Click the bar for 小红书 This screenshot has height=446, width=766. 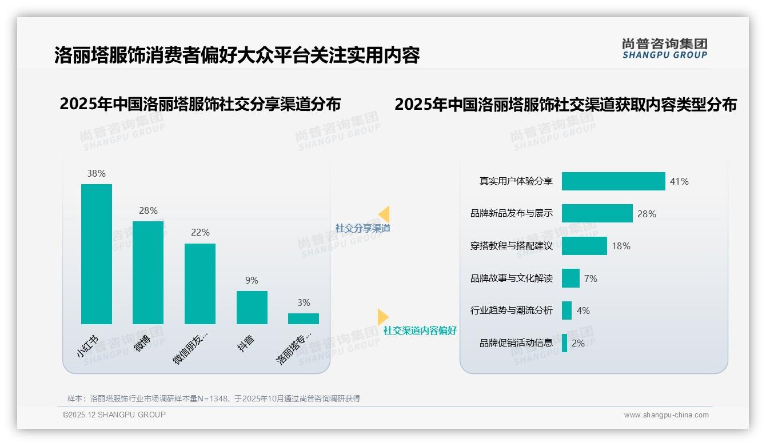pos(97,254)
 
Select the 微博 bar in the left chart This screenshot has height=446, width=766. pos(148,273)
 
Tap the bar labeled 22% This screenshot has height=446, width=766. pos(200,284)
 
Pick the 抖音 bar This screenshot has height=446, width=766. pos(252,308)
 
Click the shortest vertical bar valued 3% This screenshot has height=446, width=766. pos(304,318)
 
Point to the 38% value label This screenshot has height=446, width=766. pos(97,173)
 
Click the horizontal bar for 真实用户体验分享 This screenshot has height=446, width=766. pos(613,181)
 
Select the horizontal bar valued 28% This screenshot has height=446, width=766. pos(597,213)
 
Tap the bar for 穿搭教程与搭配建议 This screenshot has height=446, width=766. pos(584,246)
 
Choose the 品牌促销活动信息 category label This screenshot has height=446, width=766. pos(516,343)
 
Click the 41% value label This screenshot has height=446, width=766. pos(680,181)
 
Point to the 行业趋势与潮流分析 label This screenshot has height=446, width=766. pos(512,310)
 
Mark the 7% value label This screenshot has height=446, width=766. pos(591,278)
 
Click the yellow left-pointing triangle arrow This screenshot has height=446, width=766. pos(384,214)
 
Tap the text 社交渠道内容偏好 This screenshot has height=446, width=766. pos(420,330)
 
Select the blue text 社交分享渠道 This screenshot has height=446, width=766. pos(363,228)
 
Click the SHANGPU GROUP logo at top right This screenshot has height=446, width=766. pos(665,48)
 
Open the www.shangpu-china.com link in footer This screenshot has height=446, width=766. pos(666,415)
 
